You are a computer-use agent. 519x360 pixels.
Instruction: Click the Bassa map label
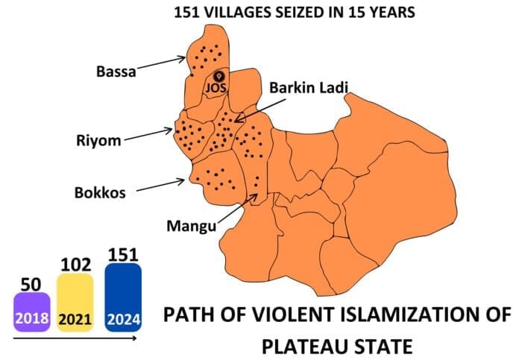coord(116,72)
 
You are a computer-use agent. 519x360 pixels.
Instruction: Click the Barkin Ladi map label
coord(309,87)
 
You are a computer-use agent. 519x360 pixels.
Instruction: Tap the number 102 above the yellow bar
coord(75,265)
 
